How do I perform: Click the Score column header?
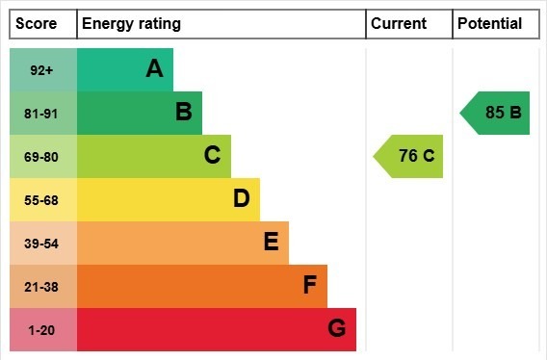click(x=37, y=24)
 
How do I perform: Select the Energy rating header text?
click(x=131, y=24)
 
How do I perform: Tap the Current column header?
click(x=399, y=24)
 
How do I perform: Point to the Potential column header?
click(x=489, y=24)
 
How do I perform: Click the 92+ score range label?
click(x=42, y=70)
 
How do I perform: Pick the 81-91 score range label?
click(x=42, y=114)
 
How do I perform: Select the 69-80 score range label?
click(x=42, y=157)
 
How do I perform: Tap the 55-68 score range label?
click(x=42, y=200)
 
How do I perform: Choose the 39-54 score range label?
click(x=42, y=244)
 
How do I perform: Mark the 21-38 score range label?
click(x=42, y=287)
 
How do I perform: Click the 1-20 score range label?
click(x=42, y=330)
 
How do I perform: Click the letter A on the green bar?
click(x=154, y=68)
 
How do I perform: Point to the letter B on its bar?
click(x=183, y=113)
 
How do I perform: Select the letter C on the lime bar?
click(x=212, y=156)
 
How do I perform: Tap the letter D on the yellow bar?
click(x=241, y=199)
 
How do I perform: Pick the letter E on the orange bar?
click(x=271, y=243)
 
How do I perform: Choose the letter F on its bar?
click(x=309, y=286)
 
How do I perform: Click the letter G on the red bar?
click(x=336, y=329)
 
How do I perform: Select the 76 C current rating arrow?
click(x=410, y=156)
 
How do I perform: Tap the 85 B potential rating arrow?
click(x=497, y=113)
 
